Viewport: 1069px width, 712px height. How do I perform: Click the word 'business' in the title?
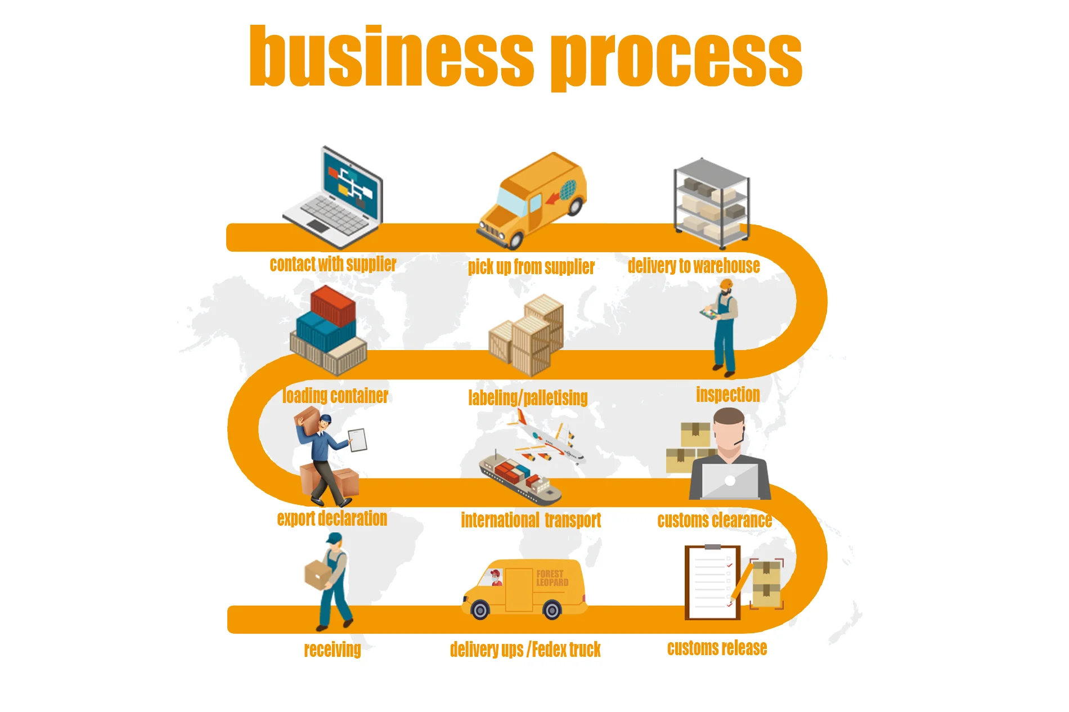tap(391, 56)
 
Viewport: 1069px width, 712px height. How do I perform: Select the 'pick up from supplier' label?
tap(531, 267)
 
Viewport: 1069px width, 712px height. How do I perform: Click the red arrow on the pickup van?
tap(554, 197)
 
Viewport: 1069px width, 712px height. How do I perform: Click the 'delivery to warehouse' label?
tap(693, 266)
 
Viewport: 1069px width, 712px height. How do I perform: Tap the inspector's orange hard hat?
tap(726, 284)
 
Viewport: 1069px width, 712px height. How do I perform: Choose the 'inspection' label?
tap(727, 395)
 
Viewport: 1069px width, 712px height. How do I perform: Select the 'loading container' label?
tap(335, 396)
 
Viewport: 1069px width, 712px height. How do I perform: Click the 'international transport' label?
tap(531, 520)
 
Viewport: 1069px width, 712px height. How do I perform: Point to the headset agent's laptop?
tap(730, 481)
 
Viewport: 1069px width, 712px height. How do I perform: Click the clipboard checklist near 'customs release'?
tap(712, 583)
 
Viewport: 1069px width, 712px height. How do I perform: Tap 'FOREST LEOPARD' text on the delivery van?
tap(551, 578)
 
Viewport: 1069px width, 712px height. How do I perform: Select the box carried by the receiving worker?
tap(317, 575)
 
